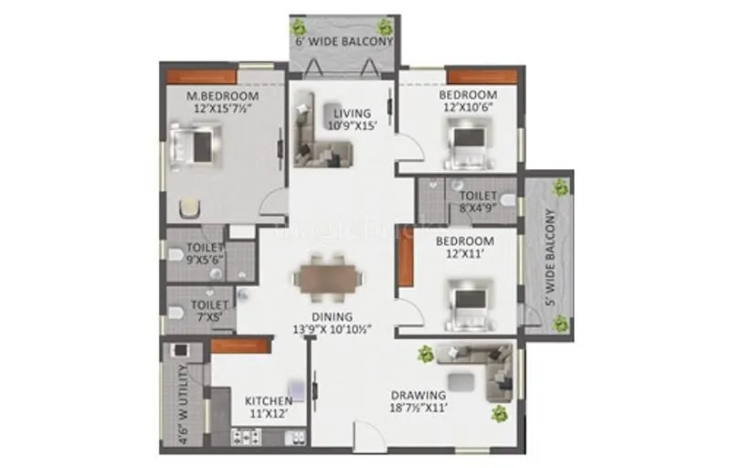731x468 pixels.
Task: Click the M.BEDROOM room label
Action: tap(222, 96)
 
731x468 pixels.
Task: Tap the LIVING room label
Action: tap(352, 112)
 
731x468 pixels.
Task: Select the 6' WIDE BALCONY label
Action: tap(344, 42)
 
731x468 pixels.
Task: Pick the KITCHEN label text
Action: tap(268, 400)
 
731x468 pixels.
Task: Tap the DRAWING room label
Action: tap(418, 395)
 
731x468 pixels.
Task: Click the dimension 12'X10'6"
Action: tap(467, 108)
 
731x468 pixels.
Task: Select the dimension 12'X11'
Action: tap(464, 254)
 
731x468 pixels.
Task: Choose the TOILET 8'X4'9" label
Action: tap(477, 201)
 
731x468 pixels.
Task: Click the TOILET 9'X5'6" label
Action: tap(206, 253)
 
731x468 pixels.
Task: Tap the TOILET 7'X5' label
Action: tap(208, 311)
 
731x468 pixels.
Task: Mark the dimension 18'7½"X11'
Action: tap(418, 409)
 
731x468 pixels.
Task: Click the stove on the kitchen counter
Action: tap(247, 437)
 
